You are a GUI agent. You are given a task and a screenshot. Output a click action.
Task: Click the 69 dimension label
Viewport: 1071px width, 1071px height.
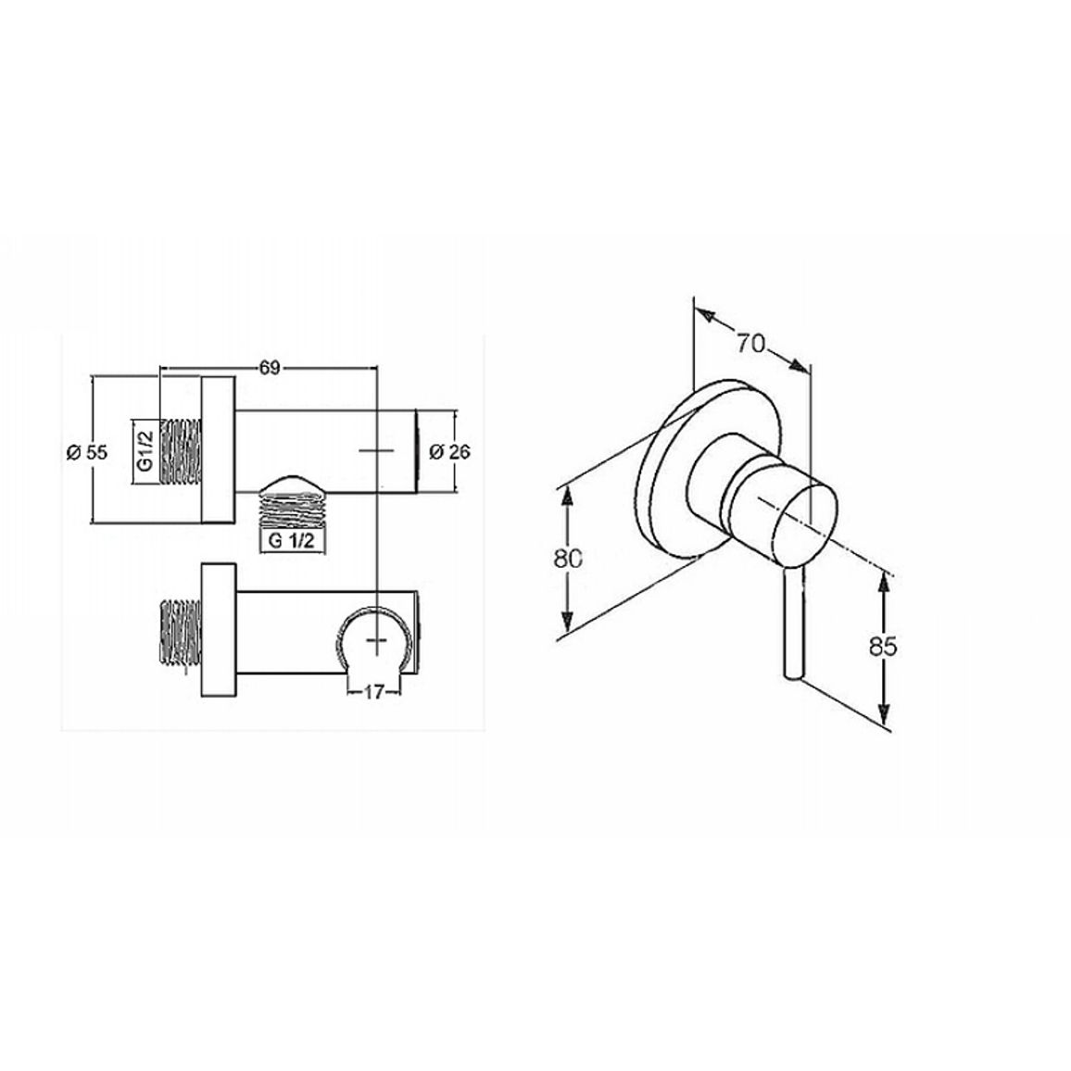click(x=270, y=368)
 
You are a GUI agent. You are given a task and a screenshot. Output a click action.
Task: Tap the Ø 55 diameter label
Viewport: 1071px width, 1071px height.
click(x=87, y=452)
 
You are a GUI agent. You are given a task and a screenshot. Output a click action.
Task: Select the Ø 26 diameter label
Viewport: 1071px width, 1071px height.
click(x=449, y=451)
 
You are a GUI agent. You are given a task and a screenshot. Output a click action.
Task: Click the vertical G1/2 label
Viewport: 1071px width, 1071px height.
click(x=145, y=451)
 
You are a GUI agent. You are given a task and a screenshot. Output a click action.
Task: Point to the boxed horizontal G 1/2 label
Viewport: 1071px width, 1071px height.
click(x=292, y=541)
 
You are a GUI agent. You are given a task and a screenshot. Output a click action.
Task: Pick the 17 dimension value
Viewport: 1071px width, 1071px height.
click(x=373, y=692)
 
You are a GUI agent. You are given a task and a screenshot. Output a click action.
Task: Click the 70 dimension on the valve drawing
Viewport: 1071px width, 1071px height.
click(x=750, y=343)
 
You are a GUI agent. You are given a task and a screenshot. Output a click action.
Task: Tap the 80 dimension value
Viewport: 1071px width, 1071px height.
click(x=568, y=558)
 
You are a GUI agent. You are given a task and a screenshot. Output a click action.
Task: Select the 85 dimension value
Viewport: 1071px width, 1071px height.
click(x=883, y=646)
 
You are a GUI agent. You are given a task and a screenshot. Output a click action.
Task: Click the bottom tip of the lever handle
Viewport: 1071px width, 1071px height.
click(x=794, y=677)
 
